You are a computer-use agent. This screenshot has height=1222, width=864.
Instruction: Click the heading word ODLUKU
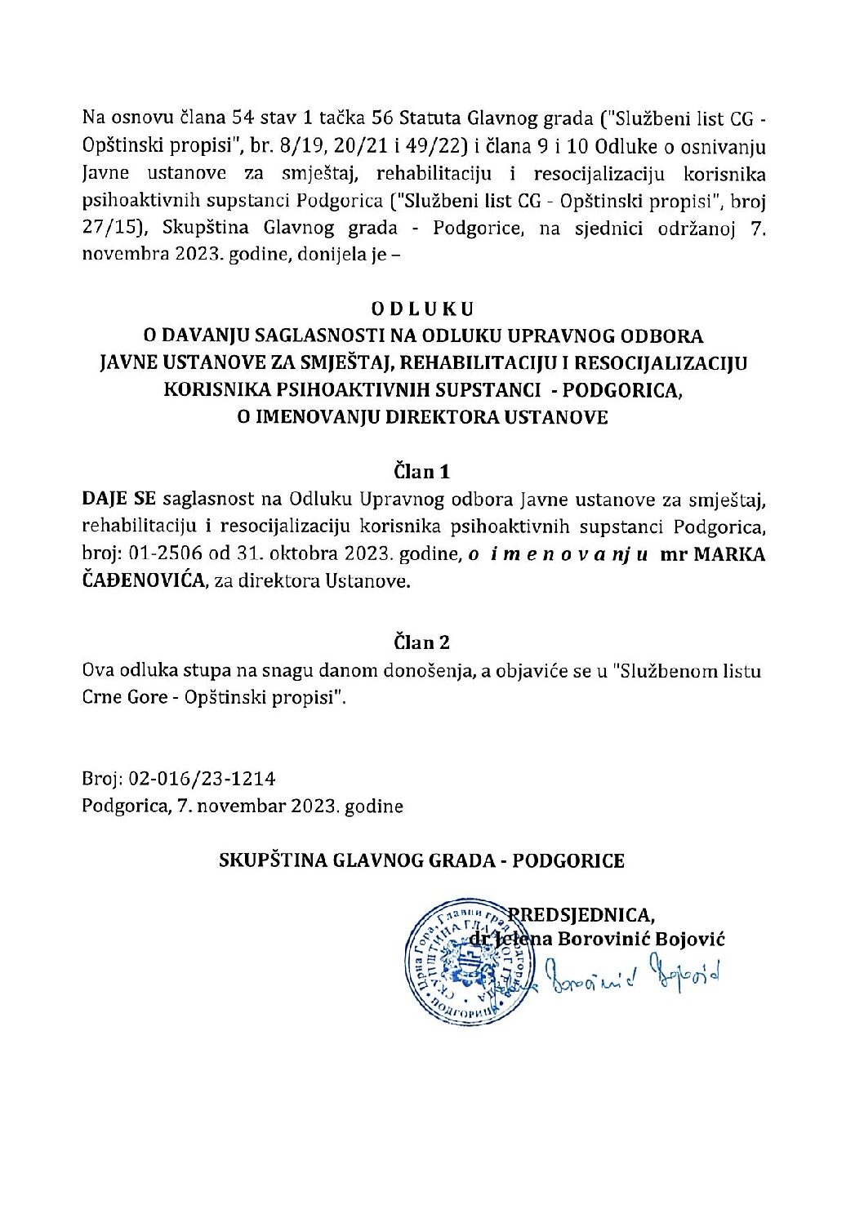422,309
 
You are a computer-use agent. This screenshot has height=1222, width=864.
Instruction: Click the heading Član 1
422,471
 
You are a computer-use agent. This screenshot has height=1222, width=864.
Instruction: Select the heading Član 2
422,642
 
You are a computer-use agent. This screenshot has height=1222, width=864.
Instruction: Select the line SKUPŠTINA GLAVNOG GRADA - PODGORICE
422,860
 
